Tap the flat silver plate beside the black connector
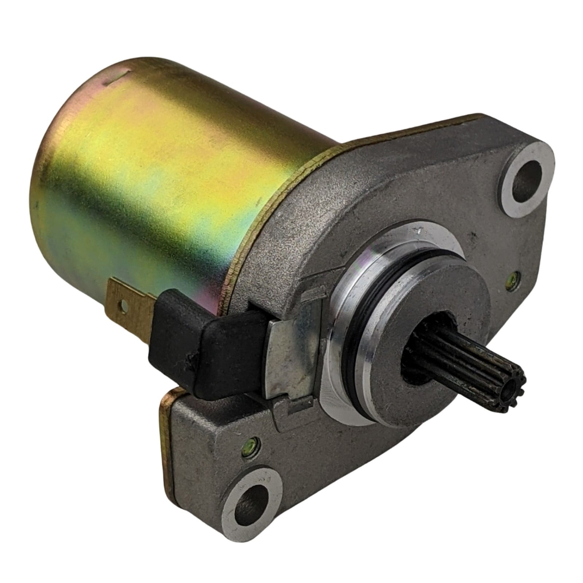click(x=291, y=335)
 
